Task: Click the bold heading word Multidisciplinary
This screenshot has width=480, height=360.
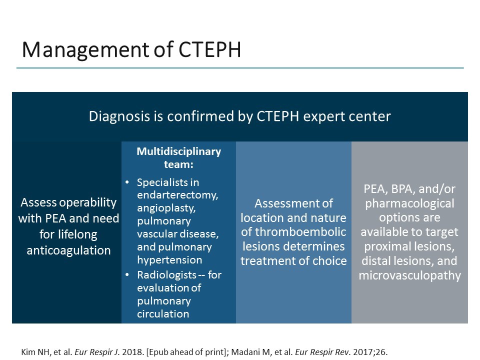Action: pos(178,151)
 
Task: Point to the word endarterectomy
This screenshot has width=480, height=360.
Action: pos(177,194)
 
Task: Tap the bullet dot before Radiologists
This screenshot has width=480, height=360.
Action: pos(127,275)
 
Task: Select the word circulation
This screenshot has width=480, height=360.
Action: pos(163,314)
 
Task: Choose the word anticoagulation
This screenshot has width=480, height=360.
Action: pos(68,250)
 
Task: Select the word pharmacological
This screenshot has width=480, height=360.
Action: pos(409,203)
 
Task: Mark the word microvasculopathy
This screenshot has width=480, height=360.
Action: pos(409,275)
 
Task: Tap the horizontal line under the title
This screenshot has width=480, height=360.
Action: pos(240,68)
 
